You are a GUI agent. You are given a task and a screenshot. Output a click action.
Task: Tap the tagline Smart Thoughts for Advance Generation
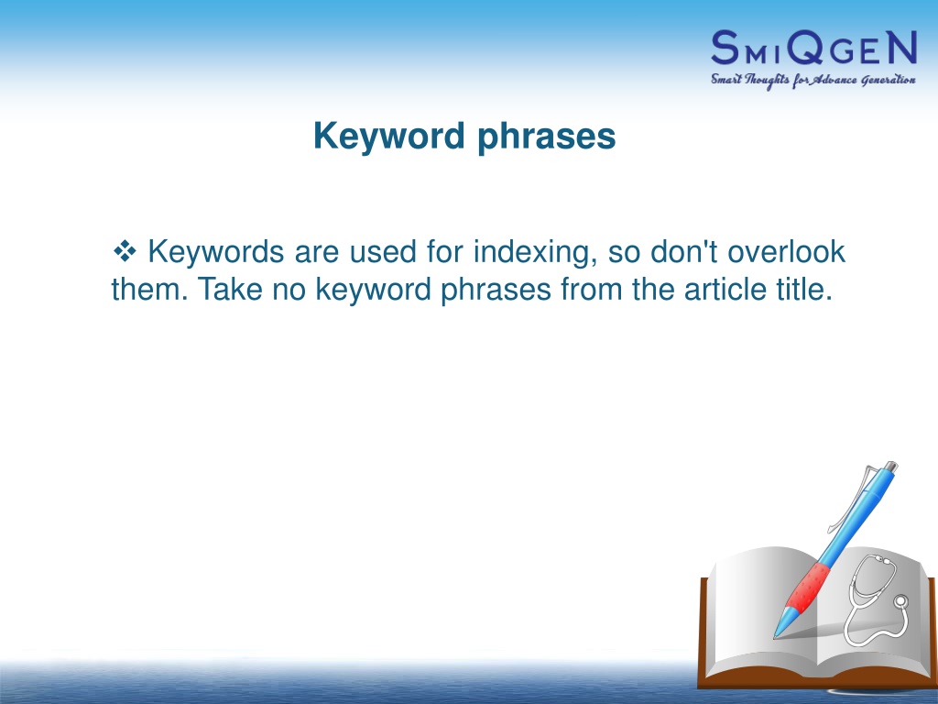[813, 81]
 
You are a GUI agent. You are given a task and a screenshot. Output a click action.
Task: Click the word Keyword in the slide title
[388, 136]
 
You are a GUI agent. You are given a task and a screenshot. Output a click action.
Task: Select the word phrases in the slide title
[547, 137]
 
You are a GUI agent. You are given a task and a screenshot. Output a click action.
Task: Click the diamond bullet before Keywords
[125, 251]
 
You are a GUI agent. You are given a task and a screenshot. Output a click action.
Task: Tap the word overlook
[786, 251]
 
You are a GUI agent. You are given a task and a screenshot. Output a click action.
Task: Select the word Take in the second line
[230, 289]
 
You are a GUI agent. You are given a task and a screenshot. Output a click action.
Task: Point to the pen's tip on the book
[775, 637]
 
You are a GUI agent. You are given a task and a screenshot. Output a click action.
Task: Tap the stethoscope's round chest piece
[900, 601]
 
